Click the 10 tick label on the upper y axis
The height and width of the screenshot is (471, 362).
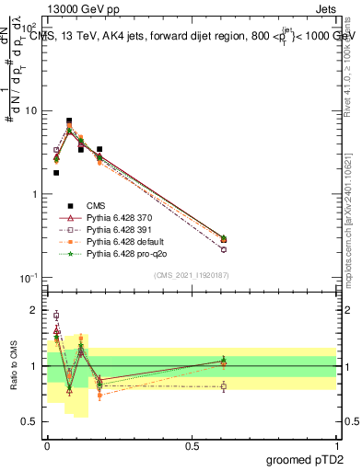coord(30,111)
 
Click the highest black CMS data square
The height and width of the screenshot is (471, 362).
coord(69,121)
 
